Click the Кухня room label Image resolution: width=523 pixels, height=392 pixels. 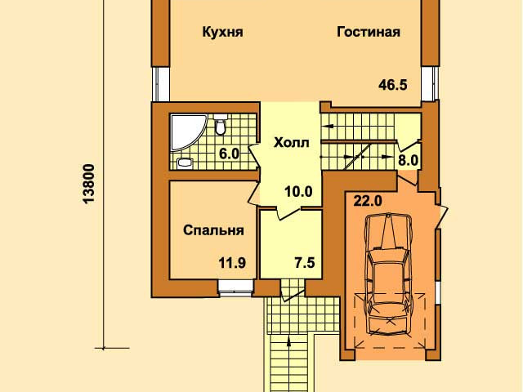[x=222, y=33]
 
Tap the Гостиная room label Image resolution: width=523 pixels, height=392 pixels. [x=369, y=32]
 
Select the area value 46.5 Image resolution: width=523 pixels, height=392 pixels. [x=392, y=85]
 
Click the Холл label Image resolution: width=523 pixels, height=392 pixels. [x=291, y=143]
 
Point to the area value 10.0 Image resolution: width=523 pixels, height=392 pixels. [x=298, y=192]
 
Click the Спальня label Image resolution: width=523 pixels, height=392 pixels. [x=213, y=230]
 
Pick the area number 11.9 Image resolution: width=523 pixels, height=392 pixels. [x=232, y=263]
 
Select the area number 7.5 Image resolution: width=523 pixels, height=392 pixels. [x=304, y=263]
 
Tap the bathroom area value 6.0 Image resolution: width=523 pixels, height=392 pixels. [x=229, y=154]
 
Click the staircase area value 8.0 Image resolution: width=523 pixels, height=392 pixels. [x=409, y=161]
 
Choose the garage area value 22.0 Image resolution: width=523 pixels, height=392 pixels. [x=368, y=201]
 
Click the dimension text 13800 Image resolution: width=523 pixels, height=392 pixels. [x=90, y=183]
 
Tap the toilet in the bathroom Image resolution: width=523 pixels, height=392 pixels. [x=220, y=124]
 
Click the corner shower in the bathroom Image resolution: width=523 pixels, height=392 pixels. [x=186, y=131]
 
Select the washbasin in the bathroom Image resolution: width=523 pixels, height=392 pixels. [x=185, y=163]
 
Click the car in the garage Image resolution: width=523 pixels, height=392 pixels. [x=388, y=274]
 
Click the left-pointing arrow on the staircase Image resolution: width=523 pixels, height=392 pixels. [x=328, y=127]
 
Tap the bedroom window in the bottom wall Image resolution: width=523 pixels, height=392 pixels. [x=236, y=288]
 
